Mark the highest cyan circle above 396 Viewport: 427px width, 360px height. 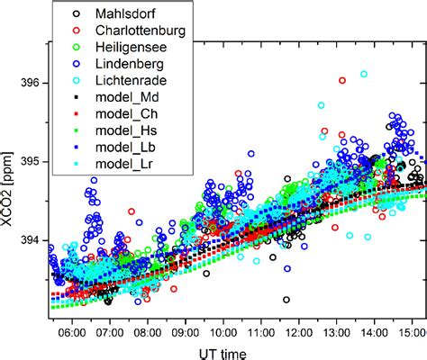coord(364,74)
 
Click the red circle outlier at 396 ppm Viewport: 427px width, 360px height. coord(342,80)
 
